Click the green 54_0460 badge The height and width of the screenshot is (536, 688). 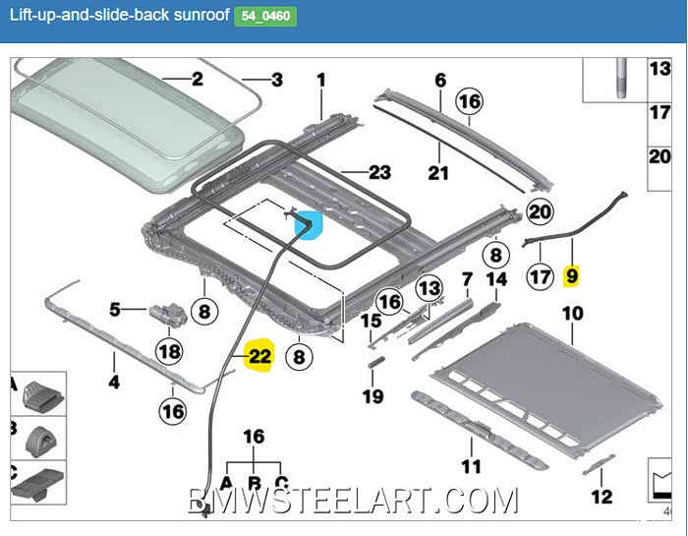pyautogui.click(x=265, y=17)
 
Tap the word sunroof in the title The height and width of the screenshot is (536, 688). pyautogui.click(x=201, y=15)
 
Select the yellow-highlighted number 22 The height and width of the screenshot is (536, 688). pyautogui.click(x=259, y=356)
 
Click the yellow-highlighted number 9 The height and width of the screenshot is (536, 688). pyautogui.click(x=572, y=275)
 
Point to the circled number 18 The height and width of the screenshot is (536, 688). pyautogui.click(x=169, y=351)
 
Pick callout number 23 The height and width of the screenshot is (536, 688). pyautogui.click(x=379, y=172)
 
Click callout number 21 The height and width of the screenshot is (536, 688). pyautogui.click(x=438, y=172)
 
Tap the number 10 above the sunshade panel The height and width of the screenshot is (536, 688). pyautogui.click(x=572, y=314)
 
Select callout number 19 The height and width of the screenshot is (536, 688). pyautogui.click(x=373, y=396)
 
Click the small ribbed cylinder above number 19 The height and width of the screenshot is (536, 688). pyautogui.click(x=376, y=362)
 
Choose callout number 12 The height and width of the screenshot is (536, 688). pyautogui.click(x=602, y=497)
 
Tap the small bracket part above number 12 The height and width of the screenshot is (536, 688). pyautogui.click(x=599, y=465)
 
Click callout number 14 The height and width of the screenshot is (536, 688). pyautogui.click(x=496, y=279)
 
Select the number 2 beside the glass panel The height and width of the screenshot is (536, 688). pyautogui.click(x=198, y=80)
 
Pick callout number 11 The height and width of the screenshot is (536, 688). pyautogui.click(x=471, y=466)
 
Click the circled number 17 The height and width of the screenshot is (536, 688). pyautogui.click(x=540, y=276)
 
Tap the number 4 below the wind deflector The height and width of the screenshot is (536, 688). pyautogui.click(x=114, y=382)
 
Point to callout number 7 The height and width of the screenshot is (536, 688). pyautogui.click(x=467, y=279)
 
